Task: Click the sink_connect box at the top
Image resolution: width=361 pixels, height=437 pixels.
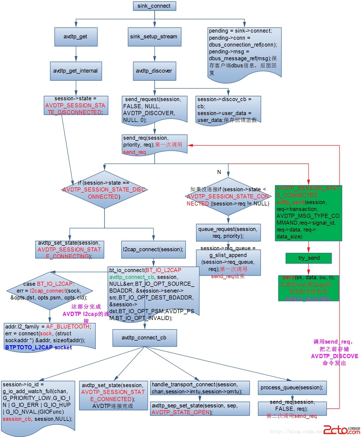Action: (154, 6)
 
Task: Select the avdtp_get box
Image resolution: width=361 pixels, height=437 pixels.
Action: (76, 37)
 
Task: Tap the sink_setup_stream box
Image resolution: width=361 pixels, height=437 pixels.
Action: (154, 37)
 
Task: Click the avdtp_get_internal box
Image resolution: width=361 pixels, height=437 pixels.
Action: (76, 71)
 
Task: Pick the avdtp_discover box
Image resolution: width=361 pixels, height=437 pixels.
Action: (154, 71)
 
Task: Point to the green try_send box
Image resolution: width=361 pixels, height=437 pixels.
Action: (308, 258)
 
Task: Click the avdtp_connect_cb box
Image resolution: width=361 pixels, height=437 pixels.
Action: (144, 338)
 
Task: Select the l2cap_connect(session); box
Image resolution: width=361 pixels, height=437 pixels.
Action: (153, 250)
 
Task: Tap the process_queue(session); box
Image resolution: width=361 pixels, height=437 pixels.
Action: (292, 388)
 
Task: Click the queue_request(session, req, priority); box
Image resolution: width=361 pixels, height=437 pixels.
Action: (228, 233)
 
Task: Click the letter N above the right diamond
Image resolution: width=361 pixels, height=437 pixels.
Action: (219, 172)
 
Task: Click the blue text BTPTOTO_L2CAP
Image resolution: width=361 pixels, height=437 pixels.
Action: (29, 347)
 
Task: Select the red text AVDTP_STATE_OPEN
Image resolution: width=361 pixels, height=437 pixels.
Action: (181, 412)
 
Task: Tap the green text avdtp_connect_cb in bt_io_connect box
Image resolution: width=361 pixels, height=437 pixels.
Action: (131, 277)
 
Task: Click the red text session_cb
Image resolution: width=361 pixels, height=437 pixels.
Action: (17, 419)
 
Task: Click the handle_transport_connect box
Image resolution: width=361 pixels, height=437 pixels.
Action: (200, 388)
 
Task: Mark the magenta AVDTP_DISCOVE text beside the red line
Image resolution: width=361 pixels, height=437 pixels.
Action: (334, 356)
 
